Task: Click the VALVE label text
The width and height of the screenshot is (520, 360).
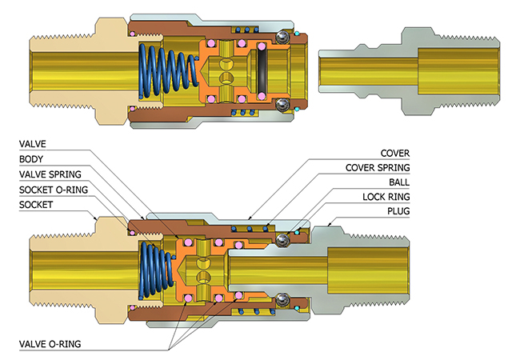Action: pyautogui.click(x=33, y=144)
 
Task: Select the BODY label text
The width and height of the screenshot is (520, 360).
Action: pyautogui.click(x=31, y=159)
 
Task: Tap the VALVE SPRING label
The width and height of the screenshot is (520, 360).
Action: pyautogui.click(x=50, y=174)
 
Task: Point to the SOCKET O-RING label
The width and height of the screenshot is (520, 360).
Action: pyautogui.click(x=54, y=190)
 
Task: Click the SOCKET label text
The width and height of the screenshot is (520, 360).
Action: pyautogui.click(x=36, y=205)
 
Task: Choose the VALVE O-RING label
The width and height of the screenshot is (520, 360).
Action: pyautogui.click(x=50, y=344)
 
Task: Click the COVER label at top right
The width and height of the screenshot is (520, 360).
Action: pyautogui.click(x=395, y=153)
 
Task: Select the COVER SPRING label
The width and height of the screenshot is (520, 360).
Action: pyautogui.click(x=378, y=168)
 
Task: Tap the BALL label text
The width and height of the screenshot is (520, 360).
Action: pyautogui.click(x=399, y=182)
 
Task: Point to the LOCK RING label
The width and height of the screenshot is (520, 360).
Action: pyautogui.click(x=386, y=197)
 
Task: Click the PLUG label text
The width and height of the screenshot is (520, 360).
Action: pyautogui.click(x=398, y=211)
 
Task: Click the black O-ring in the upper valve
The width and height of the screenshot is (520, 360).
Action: pyautogui.click(x=261, y=71)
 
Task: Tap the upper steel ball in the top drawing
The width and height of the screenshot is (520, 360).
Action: pyautogui.click(x=282, y=37)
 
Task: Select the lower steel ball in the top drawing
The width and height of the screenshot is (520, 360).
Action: pyautogui.click(x=282, y=105)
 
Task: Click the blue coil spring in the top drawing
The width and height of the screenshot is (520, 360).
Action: pyautogui.click(x=167, y=71)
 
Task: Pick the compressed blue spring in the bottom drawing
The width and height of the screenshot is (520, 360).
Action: pyautogui.click(x=156, y=270)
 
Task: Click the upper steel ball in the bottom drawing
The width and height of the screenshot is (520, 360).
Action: pyautogui.click(x=282, y=240)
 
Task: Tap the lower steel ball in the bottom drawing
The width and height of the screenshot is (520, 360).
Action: pyautogui.click(x=282, y=300)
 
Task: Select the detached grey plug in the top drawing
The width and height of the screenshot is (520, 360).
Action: pyautogui.click(x=410, y=71)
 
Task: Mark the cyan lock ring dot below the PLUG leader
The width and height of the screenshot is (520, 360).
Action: pyautogui.click(x=297, y=232)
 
